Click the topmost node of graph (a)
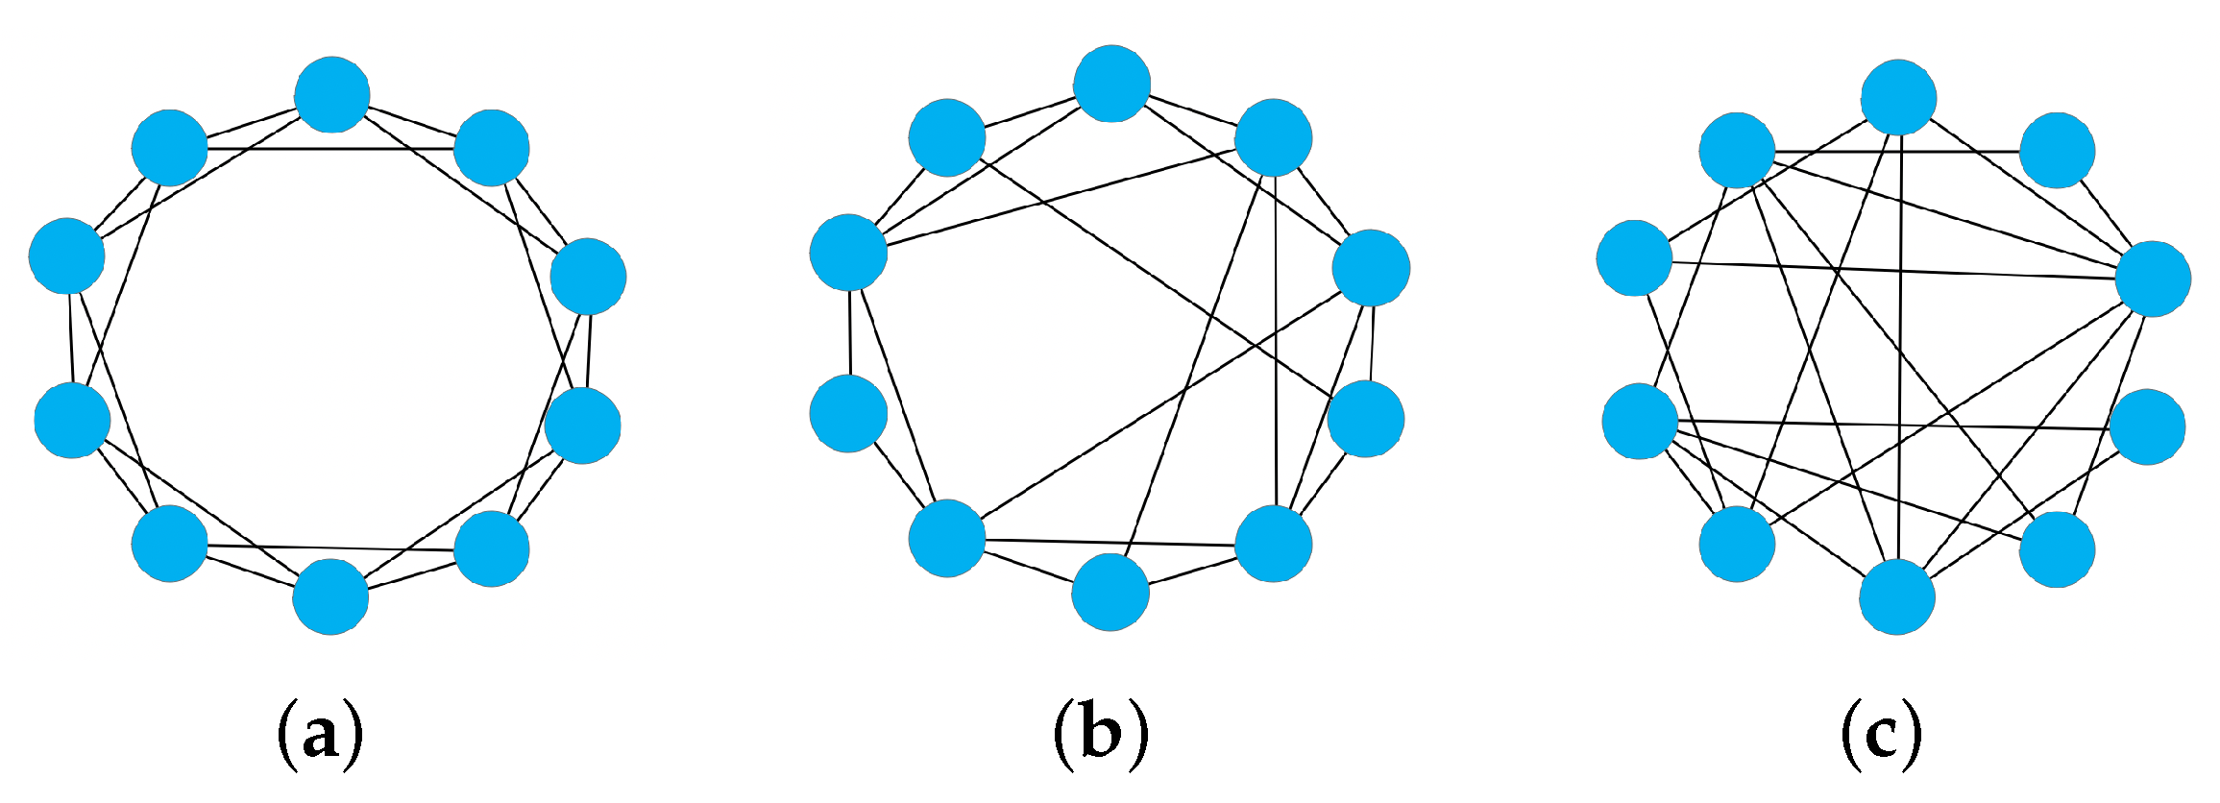coord(332,94)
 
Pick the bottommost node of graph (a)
coord(330,596)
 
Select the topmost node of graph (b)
coord(1111,84)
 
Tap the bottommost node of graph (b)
coord(1110,592)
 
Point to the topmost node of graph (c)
coord(1898,97)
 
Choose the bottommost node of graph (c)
coord(1897,596)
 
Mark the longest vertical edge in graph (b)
coord(1275,346)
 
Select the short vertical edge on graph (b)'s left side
coord(850,332)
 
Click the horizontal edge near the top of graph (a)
coord(331,149)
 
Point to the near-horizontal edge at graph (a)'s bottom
coord(331,547)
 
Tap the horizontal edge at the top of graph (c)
coord(1897,152)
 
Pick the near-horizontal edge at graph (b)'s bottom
coord(1110,543)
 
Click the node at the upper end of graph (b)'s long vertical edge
coord(1273,137)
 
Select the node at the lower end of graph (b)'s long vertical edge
coord(1273,543)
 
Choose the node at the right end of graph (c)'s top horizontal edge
coord(2057,151)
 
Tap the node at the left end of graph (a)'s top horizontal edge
coord(169,148)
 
